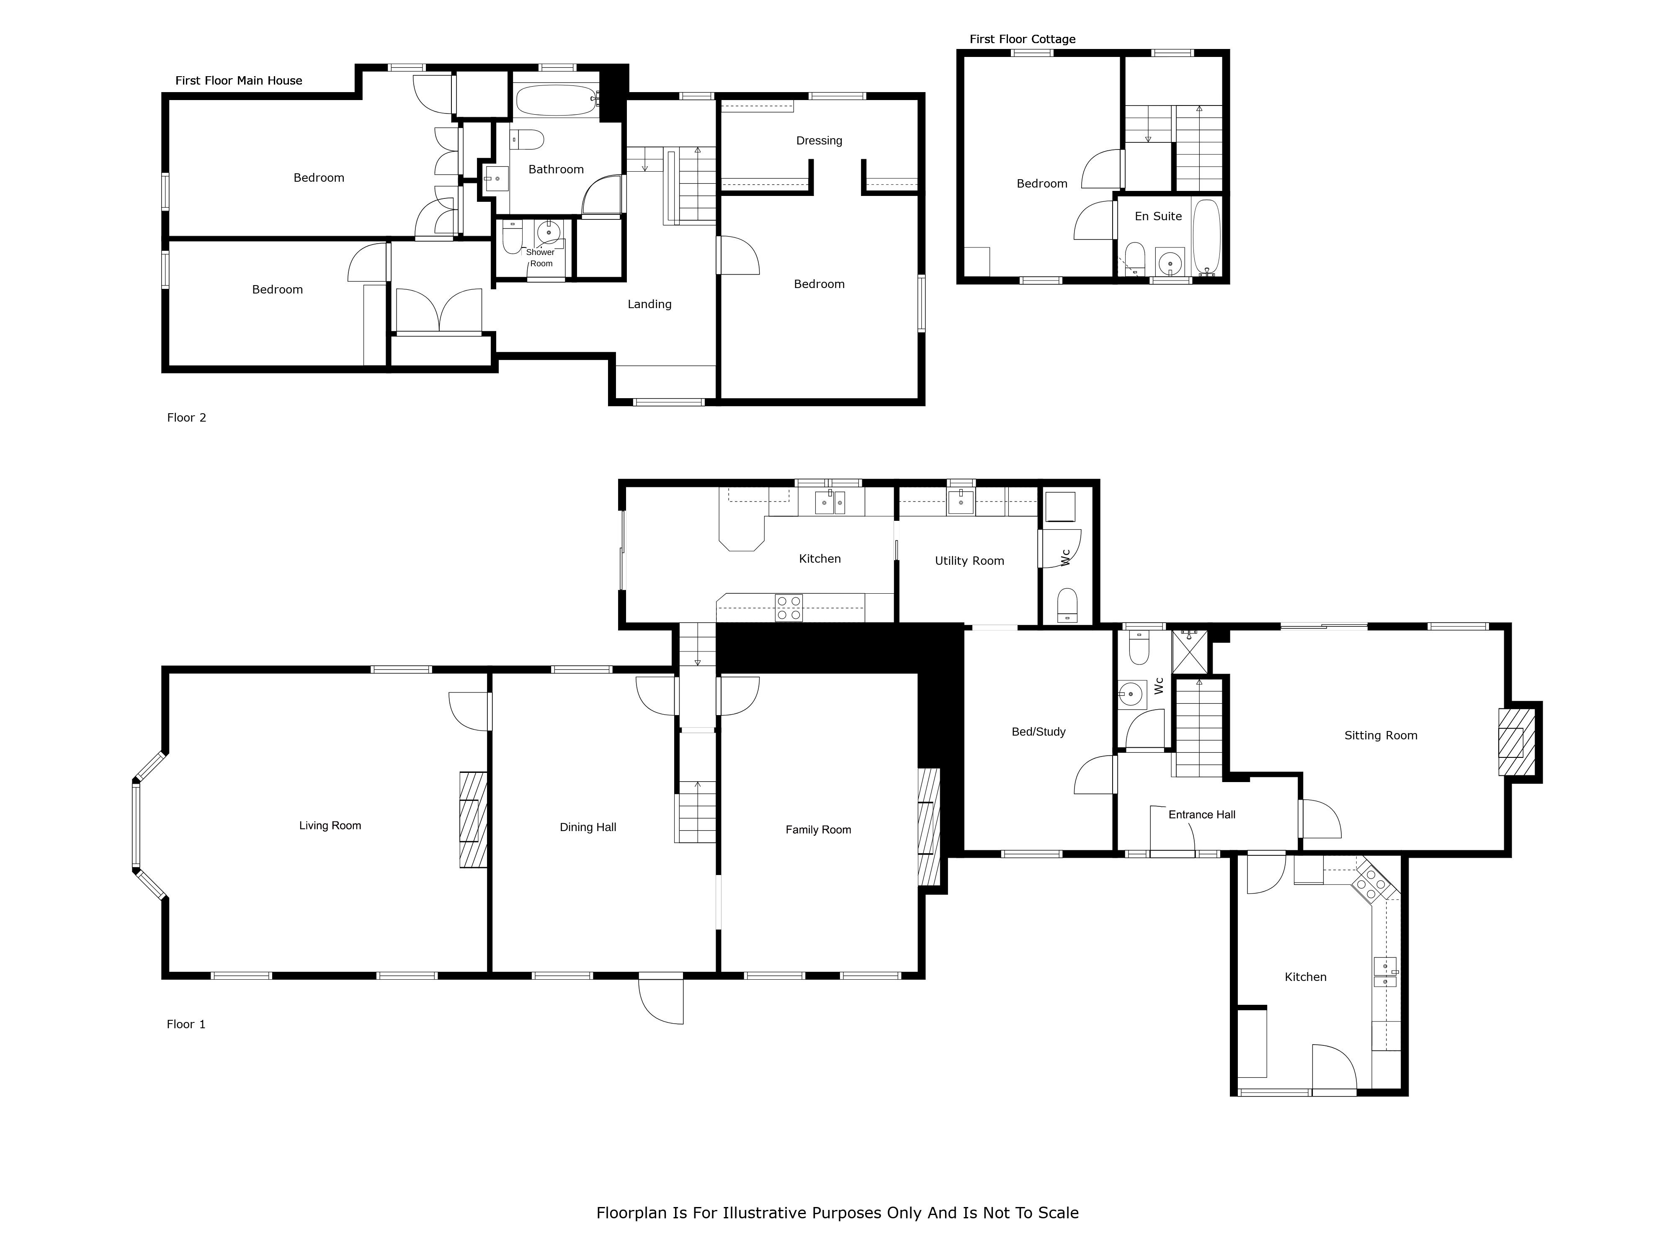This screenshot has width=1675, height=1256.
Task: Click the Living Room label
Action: click(330, 826)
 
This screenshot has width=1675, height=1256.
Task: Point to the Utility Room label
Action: click(969, 561)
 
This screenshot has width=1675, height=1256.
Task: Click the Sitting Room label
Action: click(1381, 736)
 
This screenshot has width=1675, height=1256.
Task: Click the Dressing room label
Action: click(819, 141)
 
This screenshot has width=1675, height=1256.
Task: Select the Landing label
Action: click(650, 304)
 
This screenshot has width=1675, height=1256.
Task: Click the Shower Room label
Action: click(541, 258)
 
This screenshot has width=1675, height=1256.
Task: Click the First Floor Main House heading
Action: click(239, 81)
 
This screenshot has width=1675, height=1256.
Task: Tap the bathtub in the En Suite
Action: click(1206, 236)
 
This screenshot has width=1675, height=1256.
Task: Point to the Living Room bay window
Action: click(148, 826)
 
